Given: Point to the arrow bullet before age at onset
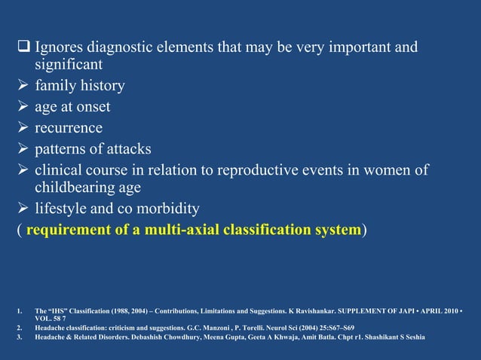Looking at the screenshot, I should pos(23,107).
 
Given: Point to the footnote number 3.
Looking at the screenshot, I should pos(17,337).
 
